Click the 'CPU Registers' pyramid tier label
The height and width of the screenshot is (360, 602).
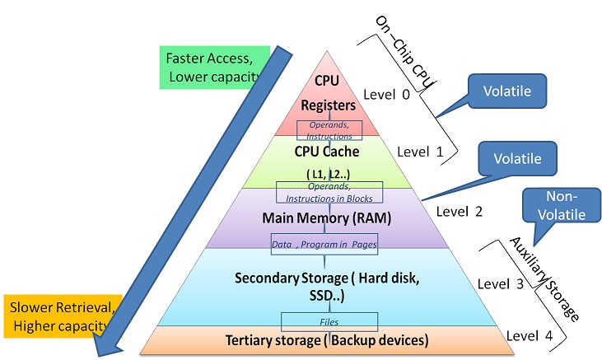[327, 92]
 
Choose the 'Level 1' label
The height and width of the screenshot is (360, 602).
[420, 152]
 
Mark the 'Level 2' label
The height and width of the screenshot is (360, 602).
[460, 211]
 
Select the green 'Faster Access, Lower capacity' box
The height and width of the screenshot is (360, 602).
[212, 68]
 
